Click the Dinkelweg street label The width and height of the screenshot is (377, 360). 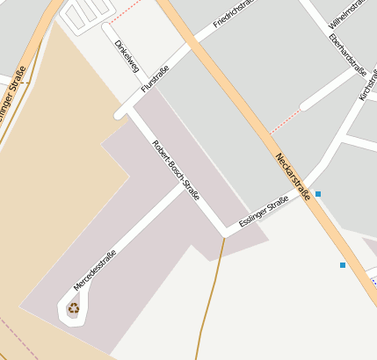click(x=127, y=55)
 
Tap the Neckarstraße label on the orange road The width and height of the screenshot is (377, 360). click(x=293, y=176)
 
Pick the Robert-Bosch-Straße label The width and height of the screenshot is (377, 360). click(x=176, y=165)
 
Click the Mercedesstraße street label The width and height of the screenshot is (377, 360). click(x=95, y=271)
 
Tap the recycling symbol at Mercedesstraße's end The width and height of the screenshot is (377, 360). click(x=74, y=308)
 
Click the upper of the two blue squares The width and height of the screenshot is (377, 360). click(x=318, y=193)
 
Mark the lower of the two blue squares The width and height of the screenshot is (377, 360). click(x=343, y=264)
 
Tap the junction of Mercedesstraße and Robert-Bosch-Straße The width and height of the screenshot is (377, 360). click(x=188, y=185)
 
